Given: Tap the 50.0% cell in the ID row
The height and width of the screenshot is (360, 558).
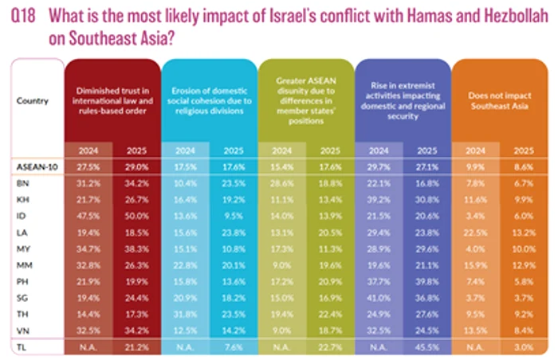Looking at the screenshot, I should [139, 213].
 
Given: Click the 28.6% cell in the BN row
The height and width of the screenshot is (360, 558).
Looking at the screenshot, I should [283, 182].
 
